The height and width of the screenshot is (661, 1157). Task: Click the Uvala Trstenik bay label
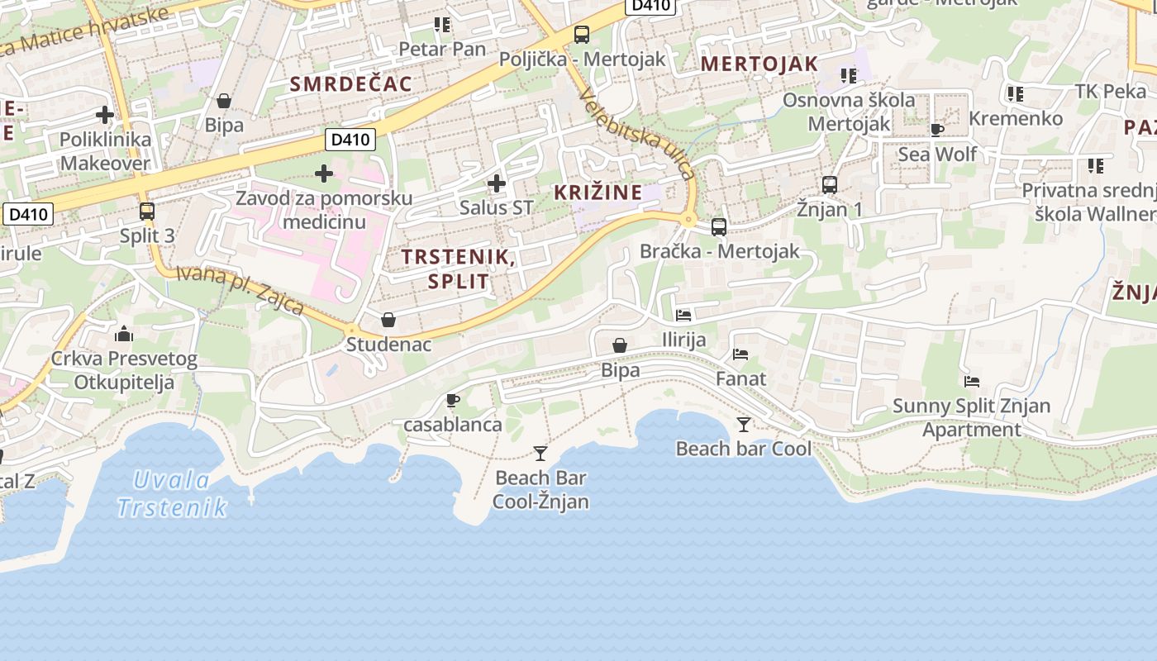171,493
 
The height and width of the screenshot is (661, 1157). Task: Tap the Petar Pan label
442,49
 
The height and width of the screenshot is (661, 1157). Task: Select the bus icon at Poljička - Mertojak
582,35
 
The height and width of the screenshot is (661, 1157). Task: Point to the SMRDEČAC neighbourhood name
350,83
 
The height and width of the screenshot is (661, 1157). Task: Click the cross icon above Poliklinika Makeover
105,115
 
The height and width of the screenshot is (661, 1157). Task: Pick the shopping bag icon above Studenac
388,320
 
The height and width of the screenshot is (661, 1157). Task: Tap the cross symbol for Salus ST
497,183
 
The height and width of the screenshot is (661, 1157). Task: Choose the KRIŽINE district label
598,193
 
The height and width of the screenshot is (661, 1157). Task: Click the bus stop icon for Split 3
147,212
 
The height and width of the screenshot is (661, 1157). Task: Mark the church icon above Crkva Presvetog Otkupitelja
124,334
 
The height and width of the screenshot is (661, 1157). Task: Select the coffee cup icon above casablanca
452,401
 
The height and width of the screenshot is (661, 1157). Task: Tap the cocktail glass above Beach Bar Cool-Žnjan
540,453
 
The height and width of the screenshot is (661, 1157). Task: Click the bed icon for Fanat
740,354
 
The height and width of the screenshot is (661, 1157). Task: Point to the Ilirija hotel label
684,340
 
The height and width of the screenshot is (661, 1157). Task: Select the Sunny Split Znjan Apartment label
971,418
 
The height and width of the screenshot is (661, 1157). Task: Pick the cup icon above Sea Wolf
937,130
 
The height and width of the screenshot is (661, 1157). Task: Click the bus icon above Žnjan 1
830,185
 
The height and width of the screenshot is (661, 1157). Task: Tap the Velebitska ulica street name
636,134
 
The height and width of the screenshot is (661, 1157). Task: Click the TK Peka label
1111,91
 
